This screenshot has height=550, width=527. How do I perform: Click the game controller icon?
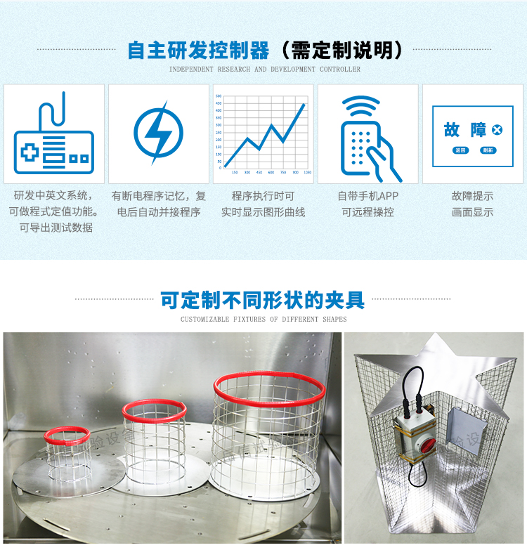(54, 136)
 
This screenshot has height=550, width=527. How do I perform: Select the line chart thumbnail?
(263, 134)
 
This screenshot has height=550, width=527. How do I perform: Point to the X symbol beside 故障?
(497, 130)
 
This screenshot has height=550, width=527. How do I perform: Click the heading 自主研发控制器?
(199, 51)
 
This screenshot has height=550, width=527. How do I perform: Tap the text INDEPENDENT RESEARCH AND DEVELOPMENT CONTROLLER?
(265, 70)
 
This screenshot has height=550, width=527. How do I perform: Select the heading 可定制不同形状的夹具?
(263, 301)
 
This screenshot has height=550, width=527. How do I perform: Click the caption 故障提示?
(472, 196)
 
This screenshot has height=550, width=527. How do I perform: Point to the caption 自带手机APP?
(367, 196)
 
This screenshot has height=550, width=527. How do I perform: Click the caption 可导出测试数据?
(56, 228)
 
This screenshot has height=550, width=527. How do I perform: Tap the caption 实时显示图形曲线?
(263, 211)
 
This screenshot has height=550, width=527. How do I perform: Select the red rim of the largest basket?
(270, 384)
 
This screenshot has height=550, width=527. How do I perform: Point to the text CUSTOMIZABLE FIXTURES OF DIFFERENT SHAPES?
(263, 320)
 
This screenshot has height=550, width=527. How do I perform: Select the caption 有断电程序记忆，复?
(159, 196)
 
